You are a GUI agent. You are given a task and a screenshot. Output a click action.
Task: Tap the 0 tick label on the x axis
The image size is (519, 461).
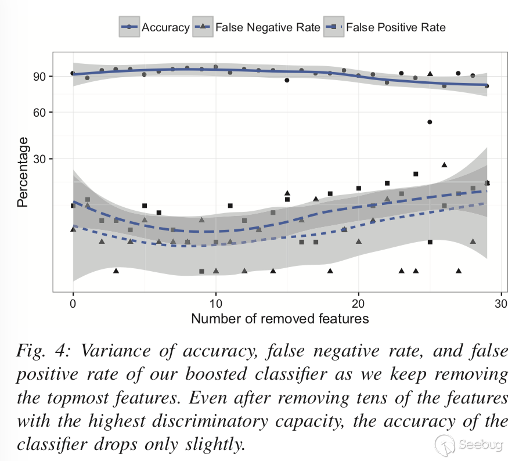[73, 304]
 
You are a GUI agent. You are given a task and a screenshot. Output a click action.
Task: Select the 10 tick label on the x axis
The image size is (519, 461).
[215, 304]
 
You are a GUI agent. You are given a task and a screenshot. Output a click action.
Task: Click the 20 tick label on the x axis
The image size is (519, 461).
[359, 304]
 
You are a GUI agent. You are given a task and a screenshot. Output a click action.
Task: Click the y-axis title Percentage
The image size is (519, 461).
[23, 172]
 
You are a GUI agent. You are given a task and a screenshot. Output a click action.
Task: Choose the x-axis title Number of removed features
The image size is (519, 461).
[279, 319]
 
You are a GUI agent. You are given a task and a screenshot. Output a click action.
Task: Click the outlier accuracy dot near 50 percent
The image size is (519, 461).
[430, 122]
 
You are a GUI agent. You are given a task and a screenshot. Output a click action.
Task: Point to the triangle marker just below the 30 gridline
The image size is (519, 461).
[444, 165]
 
